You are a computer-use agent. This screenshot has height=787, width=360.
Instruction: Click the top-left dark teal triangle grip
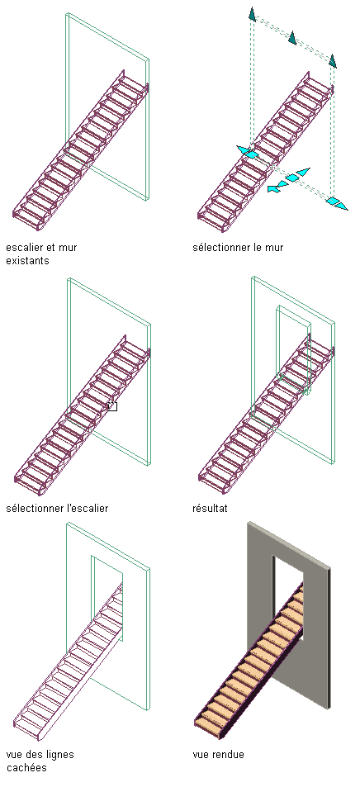click(252, 15)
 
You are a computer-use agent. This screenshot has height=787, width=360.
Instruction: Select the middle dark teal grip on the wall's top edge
click(292, 38)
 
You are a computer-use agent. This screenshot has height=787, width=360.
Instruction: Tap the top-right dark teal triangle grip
click(332, 61)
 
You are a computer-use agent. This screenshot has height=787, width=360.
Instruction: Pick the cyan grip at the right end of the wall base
click(336, 203)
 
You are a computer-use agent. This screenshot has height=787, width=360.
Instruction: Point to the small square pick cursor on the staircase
click(112, 406)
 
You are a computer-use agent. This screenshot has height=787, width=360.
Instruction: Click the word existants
click(27, 261)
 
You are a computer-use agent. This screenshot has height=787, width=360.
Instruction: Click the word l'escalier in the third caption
click(88, 508)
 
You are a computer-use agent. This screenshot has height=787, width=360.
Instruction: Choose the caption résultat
click(210, 508)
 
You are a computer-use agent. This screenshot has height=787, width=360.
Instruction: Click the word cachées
click(26, 768)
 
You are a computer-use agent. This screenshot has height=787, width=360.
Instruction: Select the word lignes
click(59, 755)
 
